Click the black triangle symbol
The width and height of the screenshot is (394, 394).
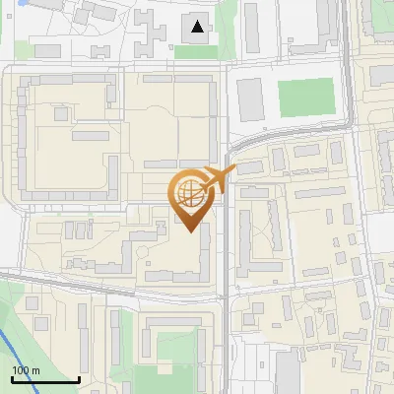[199, 27]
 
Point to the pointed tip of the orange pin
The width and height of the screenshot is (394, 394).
[189, 232]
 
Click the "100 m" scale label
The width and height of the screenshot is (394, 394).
[26, 369]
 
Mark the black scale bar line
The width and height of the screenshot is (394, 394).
[45, 380]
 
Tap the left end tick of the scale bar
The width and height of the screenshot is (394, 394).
[12, 378]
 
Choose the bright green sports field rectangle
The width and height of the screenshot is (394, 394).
[306, 97]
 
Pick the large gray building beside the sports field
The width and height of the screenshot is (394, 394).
[251, 99]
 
